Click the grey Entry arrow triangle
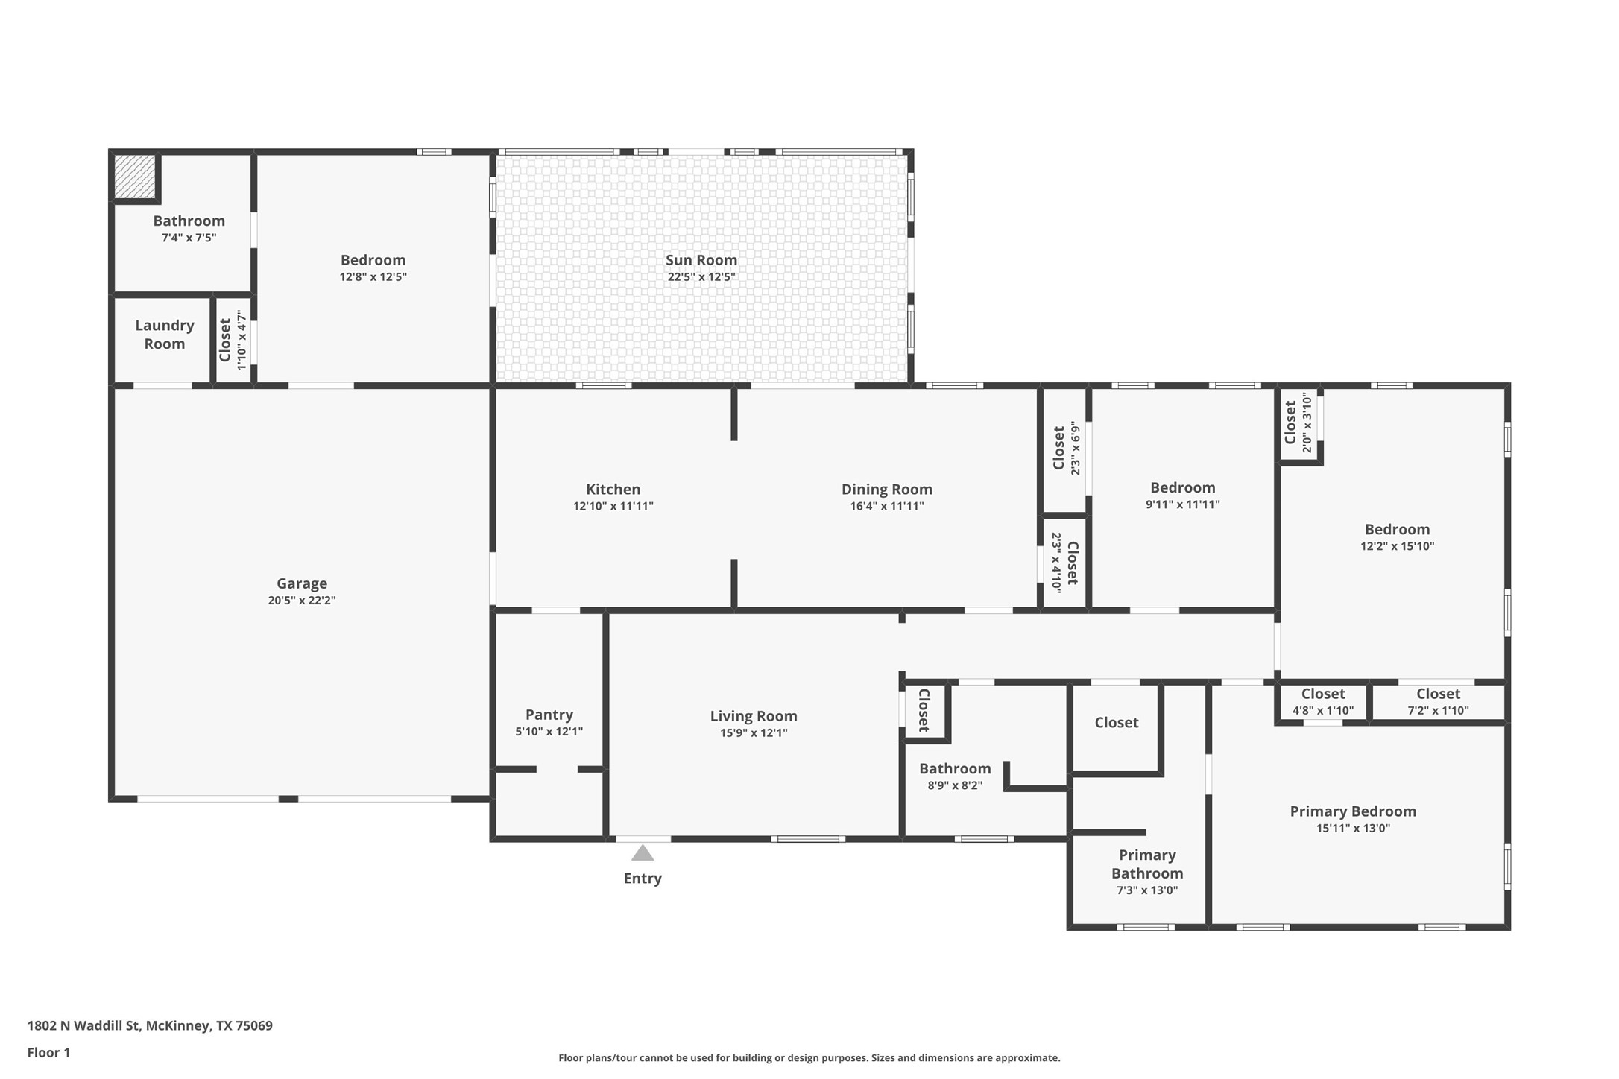643,852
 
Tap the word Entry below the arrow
643,879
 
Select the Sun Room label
701,260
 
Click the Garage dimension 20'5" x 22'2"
302,601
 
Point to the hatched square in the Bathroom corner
135,177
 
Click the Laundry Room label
165,335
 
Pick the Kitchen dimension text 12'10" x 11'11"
613,507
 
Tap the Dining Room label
887,490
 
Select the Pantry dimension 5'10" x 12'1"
549,732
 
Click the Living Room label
754,716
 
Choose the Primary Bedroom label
1353,811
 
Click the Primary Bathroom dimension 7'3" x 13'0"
1147,890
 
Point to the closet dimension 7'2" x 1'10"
1438,711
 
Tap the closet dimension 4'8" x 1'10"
1323,711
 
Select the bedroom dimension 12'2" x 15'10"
1398,546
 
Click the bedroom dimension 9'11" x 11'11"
1183,504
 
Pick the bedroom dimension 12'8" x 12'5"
373,277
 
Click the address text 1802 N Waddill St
83,1025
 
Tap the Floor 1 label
48,1053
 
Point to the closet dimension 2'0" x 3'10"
1307,423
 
